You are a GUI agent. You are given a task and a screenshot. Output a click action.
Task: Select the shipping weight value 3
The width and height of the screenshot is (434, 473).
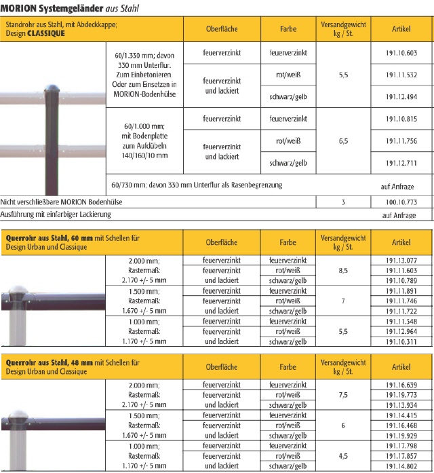[343, 202]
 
